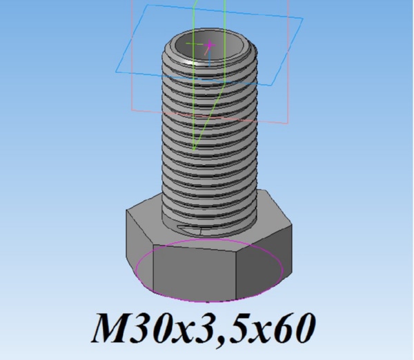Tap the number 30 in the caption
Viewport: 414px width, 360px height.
(x=154, y=328)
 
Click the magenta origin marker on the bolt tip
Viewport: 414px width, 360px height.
(x=210, y=45)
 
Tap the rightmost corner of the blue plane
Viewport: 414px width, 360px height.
(x=303, y=19)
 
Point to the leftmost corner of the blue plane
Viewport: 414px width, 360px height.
(x=116, y=71)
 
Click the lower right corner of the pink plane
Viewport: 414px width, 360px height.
(x=288, y=123)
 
